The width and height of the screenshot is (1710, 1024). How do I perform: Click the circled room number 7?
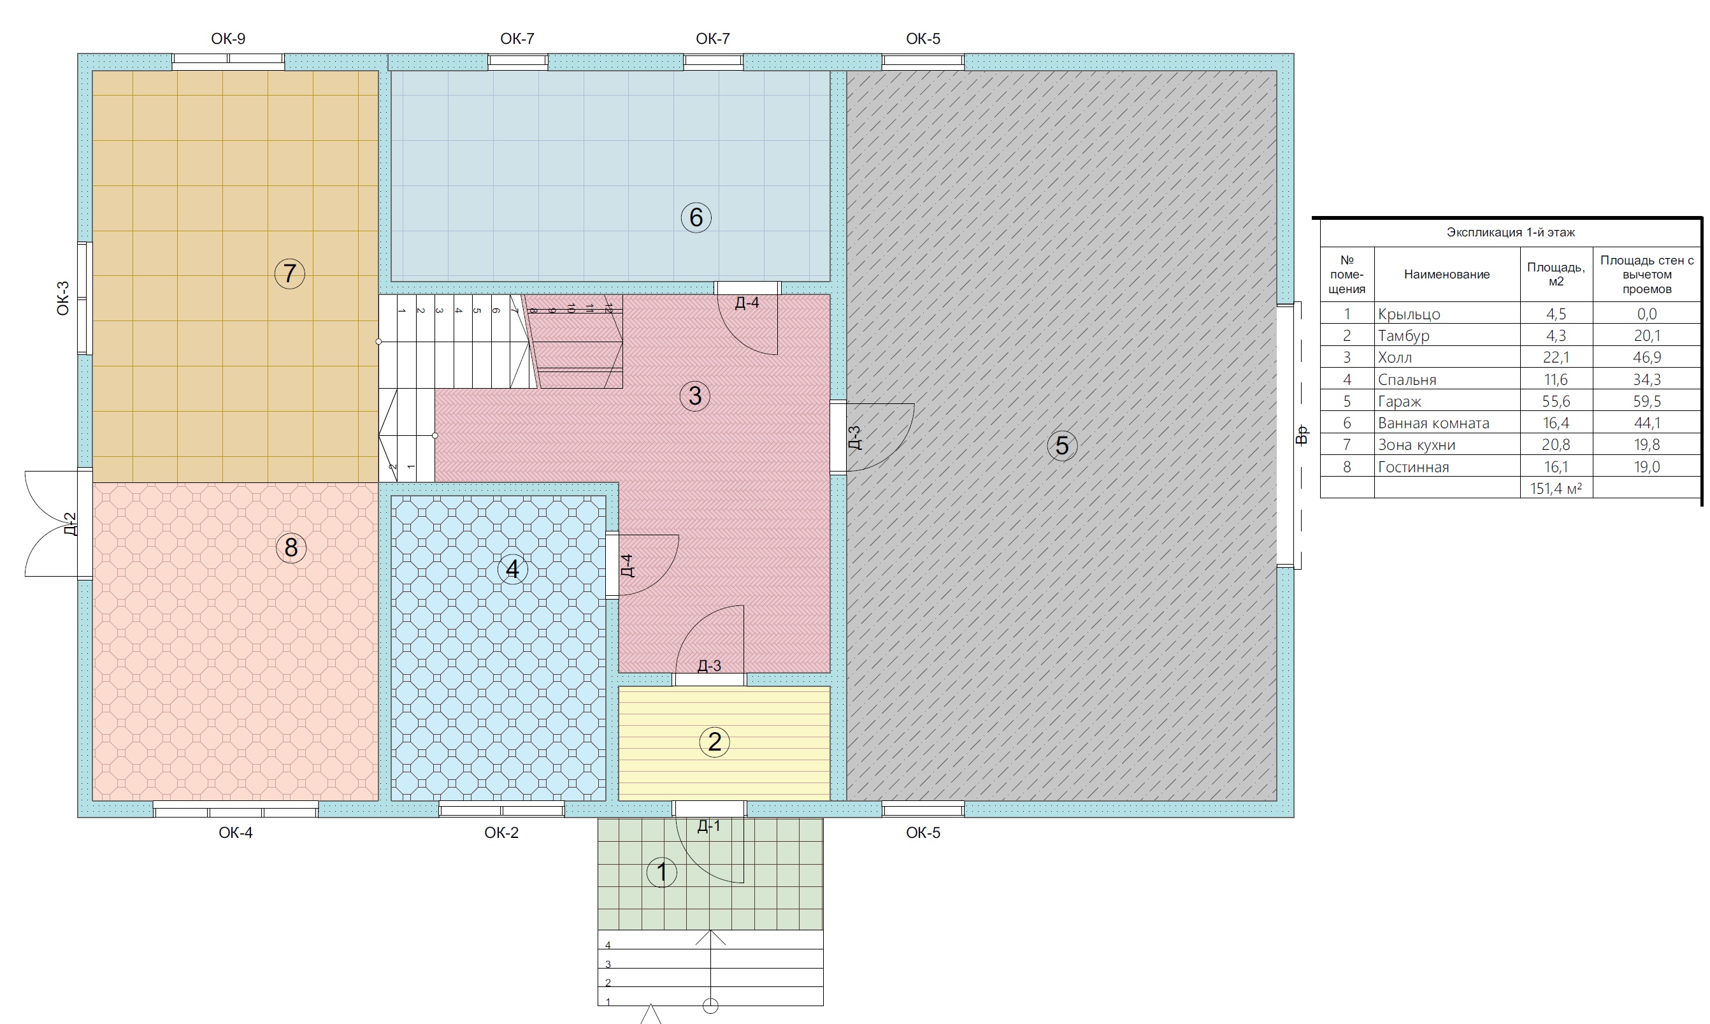pyautogui.click(x=290, y=273)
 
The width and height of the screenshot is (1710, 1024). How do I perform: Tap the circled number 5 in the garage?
pyautogui.click(x=1062, y=445)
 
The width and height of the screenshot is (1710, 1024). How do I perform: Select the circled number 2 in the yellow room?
pyautogui.click(x=715, y=742)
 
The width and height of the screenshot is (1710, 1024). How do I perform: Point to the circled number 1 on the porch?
pyautogui.click(x=661, y=872)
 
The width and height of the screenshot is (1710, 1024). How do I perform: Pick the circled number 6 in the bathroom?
pyautogui.click(x=696, y=217)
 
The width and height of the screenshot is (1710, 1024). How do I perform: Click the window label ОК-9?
pyautogui.click(x=228, y=39)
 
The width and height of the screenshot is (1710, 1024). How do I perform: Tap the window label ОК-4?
pyautogui.click(x=236, y=833)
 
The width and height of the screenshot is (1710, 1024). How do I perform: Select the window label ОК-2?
pyautogui.click(x=501, y=833)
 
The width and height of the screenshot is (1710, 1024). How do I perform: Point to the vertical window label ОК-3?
pyautogui.click(x=63, y=298)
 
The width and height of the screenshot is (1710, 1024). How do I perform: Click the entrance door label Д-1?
pyautogui.click(x=709, y=826)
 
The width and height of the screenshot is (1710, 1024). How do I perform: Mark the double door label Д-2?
pyautogui.click(x=69, y=524)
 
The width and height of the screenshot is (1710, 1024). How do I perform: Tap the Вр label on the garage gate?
pyautogui.click(x=1302, y=435)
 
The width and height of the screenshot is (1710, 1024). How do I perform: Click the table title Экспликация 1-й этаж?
pyautogui.click(x=1511, y=233)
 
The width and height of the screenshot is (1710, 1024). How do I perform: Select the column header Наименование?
pyautogui.click(x=1446, y=275)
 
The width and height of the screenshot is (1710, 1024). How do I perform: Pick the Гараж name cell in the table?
pyautogui.click(x=1400, y=401)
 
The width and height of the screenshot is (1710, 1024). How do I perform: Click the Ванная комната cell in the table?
pyautogui.click(x=1433, y=423)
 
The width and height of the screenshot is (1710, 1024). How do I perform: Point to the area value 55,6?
pyautogui.click(x=1556, y=401)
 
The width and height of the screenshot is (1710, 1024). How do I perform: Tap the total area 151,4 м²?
pyautogui.click(x=1556, y=489)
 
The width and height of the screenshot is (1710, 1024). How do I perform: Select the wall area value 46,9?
pyautogui.click(x=1647, y=357)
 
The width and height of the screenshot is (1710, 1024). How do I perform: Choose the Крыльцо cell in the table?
pyautogui.click(x=1409, y=314)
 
